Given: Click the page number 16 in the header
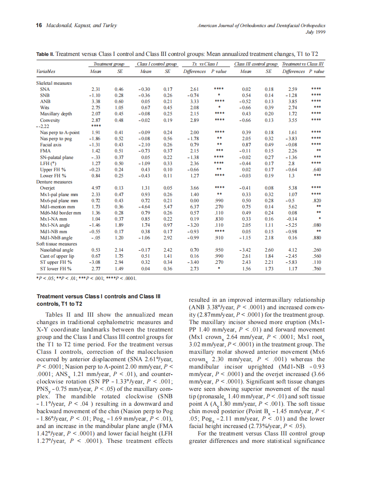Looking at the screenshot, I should [x=38, y=25].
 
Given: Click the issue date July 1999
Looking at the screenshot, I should [x=316, y=32].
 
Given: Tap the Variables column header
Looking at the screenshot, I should [x=46, y=71].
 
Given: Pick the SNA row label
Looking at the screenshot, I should [x=45, y=89].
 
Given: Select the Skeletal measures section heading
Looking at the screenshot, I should [x=54, y=83].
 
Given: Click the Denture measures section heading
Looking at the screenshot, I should [x=54, y=181].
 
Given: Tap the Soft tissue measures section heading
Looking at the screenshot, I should [x=56, y=244].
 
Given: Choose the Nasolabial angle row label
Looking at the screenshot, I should [x=57, y=250].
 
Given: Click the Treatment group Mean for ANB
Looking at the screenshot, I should [x=95, y=101].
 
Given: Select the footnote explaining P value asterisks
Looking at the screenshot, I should [x=83, y=277].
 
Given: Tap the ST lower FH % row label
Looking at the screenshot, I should [x=56, y=269].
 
